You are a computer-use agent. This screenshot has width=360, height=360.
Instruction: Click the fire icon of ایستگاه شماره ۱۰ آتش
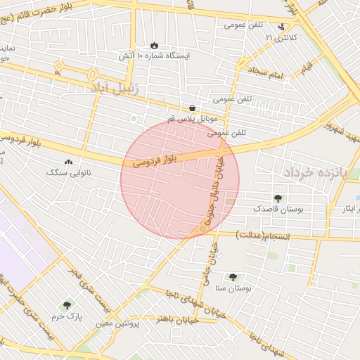[x=154, y=44]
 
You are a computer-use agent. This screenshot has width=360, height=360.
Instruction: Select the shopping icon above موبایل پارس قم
[x=192, y=108]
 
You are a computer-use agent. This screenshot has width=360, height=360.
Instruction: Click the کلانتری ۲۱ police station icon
[x=282, y=27]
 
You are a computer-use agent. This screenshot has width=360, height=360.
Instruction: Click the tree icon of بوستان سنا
[x=233, y=277]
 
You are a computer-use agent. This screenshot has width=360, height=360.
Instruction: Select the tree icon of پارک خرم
[x=67, y=305]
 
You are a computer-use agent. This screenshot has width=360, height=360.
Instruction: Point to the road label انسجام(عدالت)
[x=264, y=235]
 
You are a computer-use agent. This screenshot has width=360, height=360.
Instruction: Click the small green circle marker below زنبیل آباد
[x=134, y=118]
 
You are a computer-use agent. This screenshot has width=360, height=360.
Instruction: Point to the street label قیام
[x=307, y=68]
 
